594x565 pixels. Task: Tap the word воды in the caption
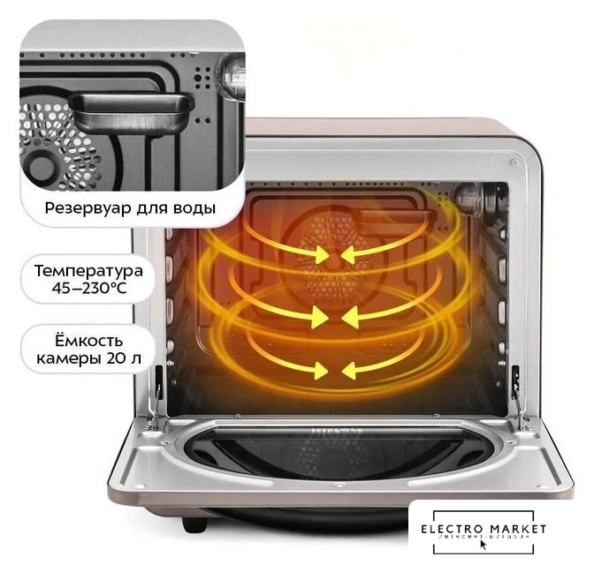click(x=192, y=210)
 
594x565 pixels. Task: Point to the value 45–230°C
click(x=88, y=286)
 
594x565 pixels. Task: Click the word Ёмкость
click(x=87, y=340)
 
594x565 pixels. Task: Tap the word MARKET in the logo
click(x=518, y=529)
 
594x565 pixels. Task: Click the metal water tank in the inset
click(x=133, y=110)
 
